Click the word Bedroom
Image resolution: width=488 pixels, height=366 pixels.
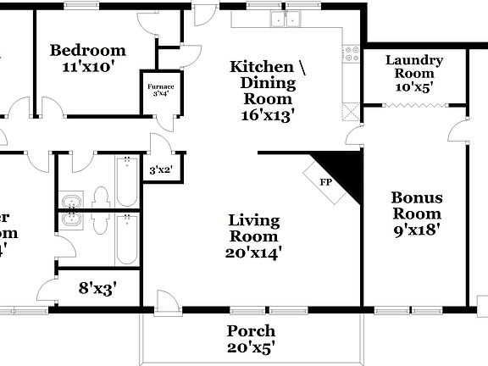87,51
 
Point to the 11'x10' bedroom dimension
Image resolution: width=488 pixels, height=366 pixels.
87,66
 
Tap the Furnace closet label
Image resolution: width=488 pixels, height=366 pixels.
155,86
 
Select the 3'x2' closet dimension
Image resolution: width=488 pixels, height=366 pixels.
161,169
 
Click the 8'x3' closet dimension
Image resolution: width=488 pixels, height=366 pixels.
97,288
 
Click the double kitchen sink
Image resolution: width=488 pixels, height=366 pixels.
286,18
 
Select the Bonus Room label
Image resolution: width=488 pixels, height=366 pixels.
416,205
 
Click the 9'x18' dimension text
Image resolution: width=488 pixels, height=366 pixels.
416,228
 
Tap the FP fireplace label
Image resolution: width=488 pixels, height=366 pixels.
325,182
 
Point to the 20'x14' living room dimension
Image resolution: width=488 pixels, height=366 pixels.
254,252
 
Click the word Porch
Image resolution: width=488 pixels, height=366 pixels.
251,330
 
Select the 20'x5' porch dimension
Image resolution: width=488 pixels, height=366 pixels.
251,347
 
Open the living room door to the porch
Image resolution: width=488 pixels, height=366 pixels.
168,302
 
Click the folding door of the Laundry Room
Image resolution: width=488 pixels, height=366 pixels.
415,106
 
